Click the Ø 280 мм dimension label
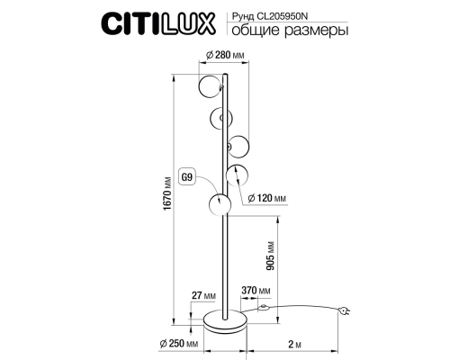tap(226, 55)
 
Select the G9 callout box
tap(187, 176)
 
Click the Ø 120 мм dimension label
tap(268, 197)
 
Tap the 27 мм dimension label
tap(203, 293)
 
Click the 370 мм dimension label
tap(256, 292)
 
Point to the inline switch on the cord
tap(263, 309)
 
